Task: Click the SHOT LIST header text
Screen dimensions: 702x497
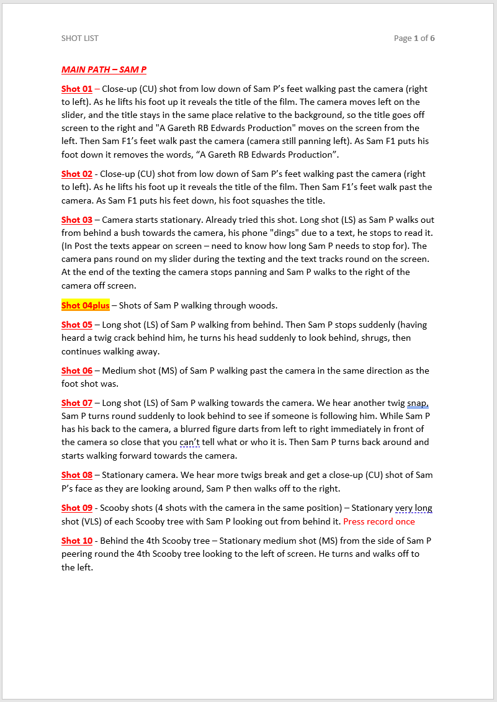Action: pyautogui.click(x=80, y=38)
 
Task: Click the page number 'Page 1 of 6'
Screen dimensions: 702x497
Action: pyautogui.click(x=414, y=38)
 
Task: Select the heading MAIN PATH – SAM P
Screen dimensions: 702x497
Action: pyautogui.click(x=104, y=70)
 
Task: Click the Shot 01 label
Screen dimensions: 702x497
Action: pyautogui.click(x=77, y=89)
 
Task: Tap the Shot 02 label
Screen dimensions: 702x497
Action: pyautogui.click(x=77, y=174)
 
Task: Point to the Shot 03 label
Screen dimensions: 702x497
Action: pyautogui.click(x=77, y=220)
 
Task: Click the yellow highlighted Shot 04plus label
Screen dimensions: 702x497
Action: pyautogui.click(x=86, y=305)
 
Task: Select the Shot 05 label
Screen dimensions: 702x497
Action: pyautogui.click(x=77, y=325)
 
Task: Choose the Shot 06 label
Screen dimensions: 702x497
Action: pyautogui.click(x=77, y=371)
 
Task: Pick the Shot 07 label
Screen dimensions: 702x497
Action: pyautogui.click(x=77, y=403)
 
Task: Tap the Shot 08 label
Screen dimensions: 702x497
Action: pyautogui.click(x=77, y=475)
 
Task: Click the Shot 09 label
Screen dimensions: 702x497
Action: pyautogui.click(x=77, y=508)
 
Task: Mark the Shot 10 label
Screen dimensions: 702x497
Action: pyautogui.click(x=77, y=541)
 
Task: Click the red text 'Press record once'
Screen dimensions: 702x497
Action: pyautogui.click(x=379, y=521)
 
